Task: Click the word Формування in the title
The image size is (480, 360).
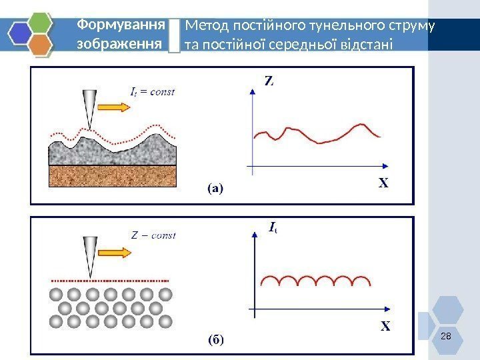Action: [121, 25]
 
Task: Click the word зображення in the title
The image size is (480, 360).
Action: [120, 44]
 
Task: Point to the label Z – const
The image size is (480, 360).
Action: [153, 235]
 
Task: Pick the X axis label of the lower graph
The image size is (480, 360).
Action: [385, 327]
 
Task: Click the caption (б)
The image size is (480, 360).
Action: [215, 339]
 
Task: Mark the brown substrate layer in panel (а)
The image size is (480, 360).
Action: [113, 175]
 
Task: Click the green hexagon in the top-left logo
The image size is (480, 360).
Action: [39, 22]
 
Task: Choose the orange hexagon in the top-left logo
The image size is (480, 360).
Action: [40, 45]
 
